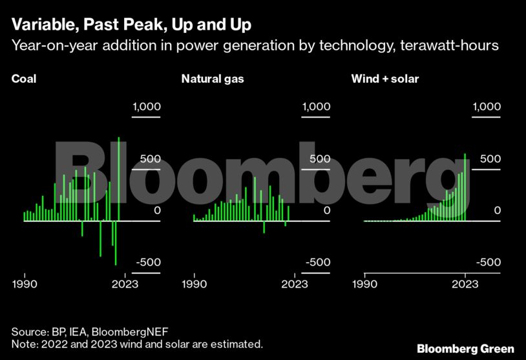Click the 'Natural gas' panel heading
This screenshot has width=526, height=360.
point(212,79)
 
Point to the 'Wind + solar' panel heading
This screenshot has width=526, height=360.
point(385,79)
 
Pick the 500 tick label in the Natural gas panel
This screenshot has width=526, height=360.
point(317,159)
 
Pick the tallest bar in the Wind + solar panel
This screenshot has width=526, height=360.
point(465,187)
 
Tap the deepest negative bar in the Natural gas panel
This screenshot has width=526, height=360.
point(264,227)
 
